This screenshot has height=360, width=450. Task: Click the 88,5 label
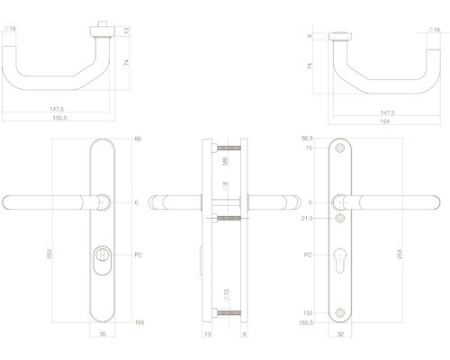click(x=307, y=139)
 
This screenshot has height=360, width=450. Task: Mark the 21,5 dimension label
click(x=307, y=219)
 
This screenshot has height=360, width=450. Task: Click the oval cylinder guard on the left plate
click(x=103, y=261)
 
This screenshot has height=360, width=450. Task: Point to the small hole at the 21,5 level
click(x=339, y=219)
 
